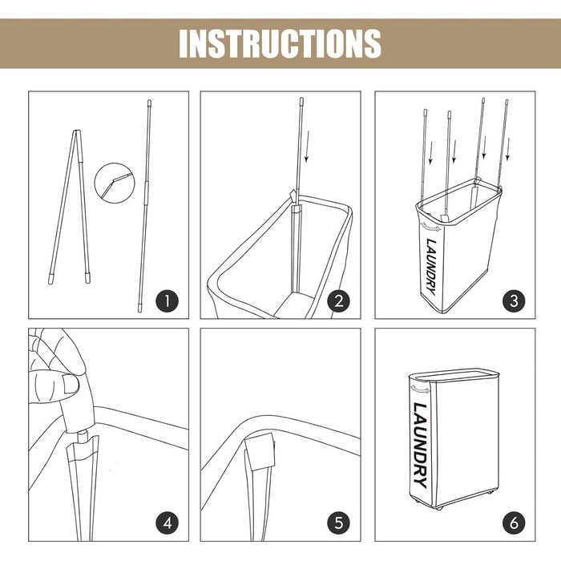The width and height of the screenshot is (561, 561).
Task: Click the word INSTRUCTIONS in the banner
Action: pos(280,43)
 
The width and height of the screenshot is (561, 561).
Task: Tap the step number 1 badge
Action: pos(167,301)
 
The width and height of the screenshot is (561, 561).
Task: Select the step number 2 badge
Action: pos(338,301)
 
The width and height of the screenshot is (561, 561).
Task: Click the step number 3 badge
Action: pos(514,301)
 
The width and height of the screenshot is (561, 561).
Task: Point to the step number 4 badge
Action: pos(167,523)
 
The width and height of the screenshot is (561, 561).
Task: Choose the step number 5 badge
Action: pos(338,523)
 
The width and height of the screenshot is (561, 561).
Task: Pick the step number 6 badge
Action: pos(514,523)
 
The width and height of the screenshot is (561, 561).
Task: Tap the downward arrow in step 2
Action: pos(307,147)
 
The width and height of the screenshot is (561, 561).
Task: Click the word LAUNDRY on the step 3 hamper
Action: pos(431,267)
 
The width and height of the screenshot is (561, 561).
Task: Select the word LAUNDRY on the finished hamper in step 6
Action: pos(421,446)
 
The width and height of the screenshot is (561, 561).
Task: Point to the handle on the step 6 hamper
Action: pos(420,388)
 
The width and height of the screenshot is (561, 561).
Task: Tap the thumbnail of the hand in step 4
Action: pos(71,384)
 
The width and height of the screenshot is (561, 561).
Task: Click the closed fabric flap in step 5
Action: pos(260,451)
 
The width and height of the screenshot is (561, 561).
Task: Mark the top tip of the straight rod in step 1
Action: pos(149,100)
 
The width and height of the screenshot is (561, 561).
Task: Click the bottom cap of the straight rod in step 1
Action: pos(140,308)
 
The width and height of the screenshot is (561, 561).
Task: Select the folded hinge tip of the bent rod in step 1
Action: pos(77,131)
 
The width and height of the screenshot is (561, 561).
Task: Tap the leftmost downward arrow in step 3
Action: pos(431,153)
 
